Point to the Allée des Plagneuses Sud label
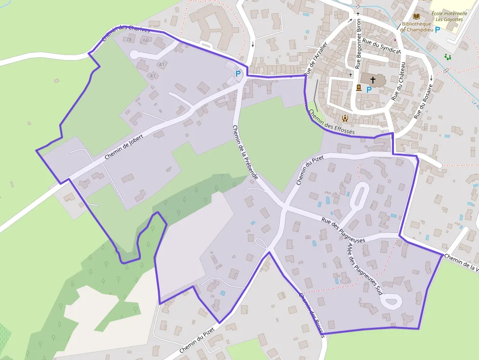365,268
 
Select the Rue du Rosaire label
423,101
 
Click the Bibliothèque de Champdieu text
416,26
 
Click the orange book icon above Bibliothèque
416,16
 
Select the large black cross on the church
373,80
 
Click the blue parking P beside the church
369,90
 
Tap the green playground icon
448,57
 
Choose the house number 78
129,40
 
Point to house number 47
153,76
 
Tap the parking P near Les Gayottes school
437,29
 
